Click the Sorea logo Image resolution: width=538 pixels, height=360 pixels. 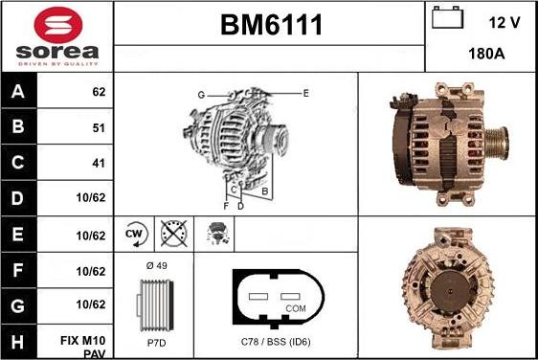click(56, 35)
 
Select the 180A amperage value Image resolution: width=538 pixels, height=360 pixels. click(485, 55)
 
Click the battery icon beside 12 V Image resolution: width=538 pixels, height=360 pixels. click(446, 18)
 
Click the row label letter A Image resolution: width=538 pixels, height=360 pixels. click(17, 93)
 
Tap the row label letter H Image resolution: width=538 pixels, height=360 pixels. click(17, 341)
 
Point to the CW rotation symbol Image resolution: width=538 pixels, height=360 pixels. click(135, 233)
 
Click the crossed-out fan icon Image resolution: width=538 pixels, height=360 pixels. click(173, 233)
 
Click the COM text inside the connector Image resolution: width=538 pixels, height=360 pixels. click(296, 309)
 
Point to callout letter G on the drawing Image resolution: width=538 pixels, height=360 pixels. click(201, 94)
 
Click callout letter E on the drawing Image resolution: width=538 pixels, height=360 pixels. click(305, 93)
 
